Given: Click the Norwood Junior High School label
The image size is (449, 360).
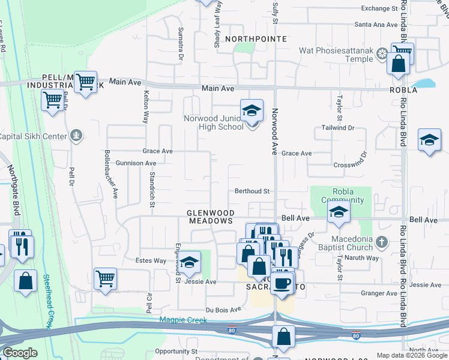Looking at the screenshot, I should pos(213,122).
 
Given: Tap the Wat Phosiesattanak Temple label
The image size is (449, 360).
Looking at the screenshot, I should pos(337,55).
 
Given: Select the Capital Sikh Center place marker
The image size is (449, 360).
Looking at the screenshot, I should pos(76,136).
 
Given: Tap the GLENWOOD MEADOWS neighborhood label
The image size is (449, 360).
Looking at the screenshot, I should pos(209,217).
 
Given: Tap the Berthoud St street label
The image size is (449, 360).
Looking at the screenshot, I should pos(252,191).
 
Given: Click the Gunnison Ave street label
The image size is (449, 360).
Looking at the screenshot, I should pos(136,163).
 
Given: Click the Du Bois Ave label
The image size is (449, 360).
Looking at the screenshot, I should pos(223,309).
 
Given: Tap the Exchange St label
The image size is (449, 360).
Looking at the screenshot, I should pos(379,8).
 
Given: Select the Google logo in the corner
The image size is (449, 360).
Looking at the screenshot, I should pos(20,353).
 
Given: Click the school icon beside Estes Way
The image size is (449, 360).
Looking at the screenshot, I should pos(189,262).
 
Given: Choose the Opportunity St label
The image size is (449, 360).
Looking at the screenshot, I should pos(176,350).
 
